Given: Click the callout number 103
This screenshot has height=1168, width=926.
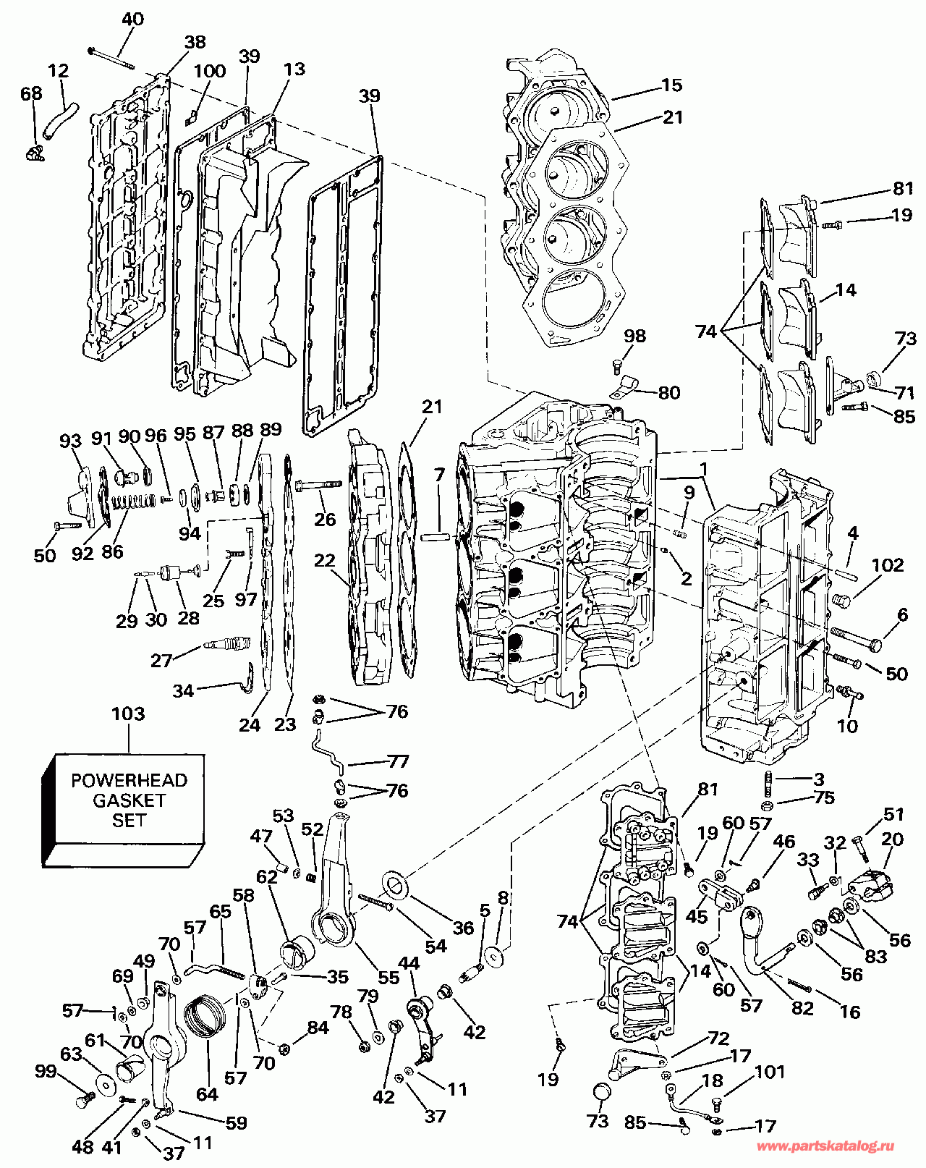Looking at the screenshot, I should pyautogui.click(x=127, y=714).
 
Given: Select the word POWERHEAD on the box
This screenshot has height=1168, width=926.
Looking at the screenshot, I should pyautogui.click(x=129, y=780).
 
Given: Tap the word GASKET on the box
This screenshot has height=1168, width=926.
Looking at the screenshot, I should pyautogui.click(x=129, y=800).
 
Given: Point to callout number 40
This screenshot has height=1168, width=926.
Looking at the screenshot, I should pyautogui.click(x=132, y=20).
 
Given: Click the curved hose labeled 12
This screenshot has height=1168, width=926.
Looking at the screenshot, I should pyautogui.click(x=59, y=120).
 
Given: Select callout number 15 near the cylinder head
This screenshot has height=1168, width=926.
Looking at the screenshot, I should pyautogui.click(x=671, y=85).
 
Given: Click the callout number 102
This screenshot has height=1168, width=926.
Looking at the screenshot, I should pyautogui.click(x=888, y=565).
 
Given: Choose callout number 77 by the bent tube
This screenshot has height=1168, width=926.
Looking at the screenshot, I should pyautogui.click(x=398, y=761).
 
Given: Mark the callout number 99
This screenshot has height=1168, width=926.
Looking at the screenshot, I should pyautogui.click(x=45, y=1070).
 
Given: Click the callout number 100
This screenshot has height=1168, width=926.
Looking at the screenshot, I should pyautogui.click(x=210, y=71).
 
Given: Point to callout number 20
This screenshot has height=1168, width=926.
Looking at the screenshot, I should pyautogui.click(x=893, y=839).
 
